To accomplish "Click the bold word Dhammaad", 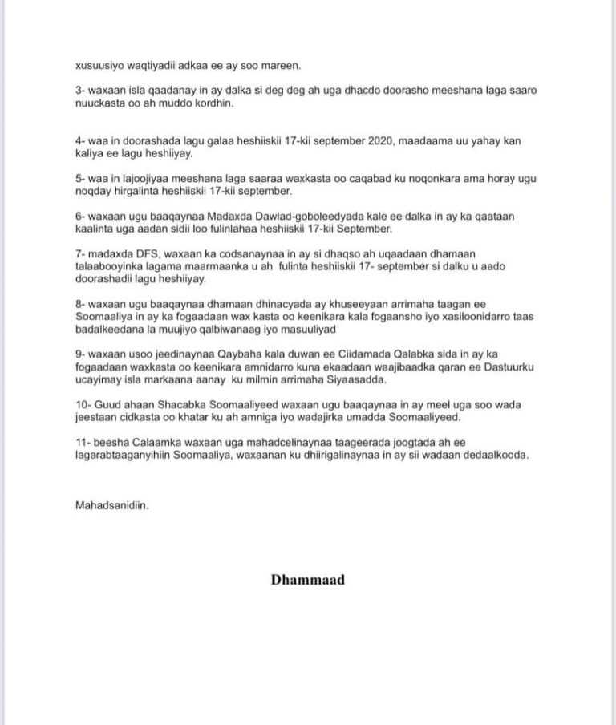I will tap(307, 579).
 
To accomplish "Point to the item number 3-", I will tap(80, 91).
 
